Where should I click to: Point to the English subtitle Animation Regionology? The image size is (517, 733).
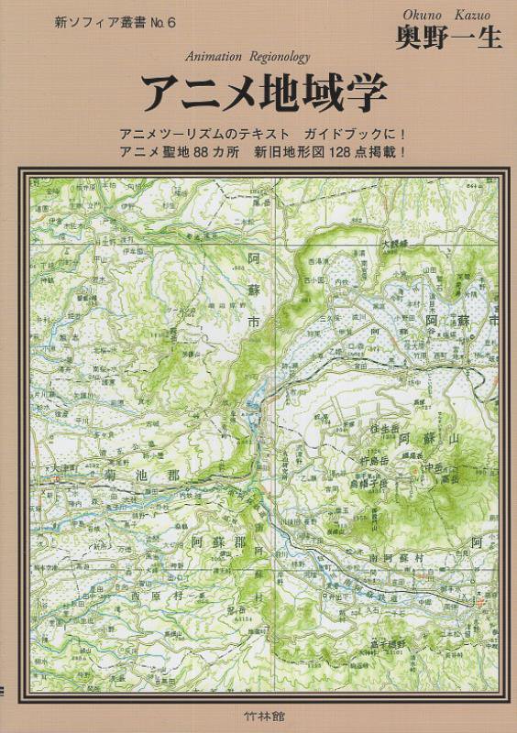tap(248, 56)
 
